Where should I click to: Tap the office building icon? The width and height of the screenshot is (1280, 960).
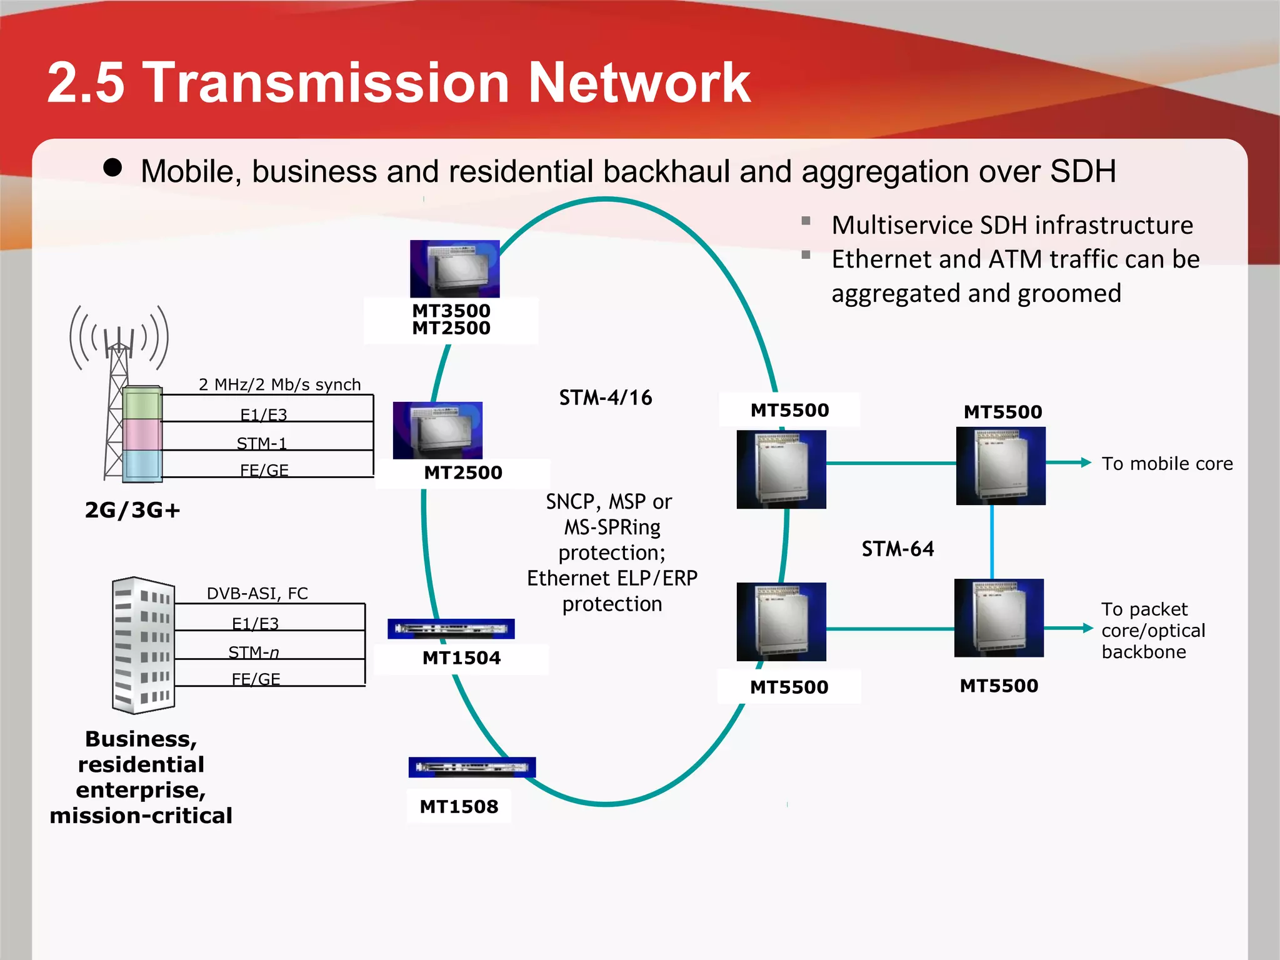tap(143, 645)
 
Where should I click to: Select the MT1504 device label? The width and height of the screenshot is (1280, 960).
tap(461, 658)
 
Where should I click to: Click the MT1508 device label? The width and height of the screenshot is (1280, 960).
tap(459, 807)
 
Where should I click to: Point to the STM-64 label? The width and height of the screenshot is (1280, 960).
tap(897, 549)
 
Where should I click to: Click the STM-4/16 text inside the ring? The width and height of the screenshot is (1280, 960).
tap(605, 397)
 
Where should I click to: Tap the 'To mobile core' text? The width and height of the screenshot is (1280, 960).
tap(1167, 464)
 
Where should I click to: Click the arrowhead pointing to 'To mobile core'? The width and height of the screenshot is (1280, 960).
tap(1086, 462)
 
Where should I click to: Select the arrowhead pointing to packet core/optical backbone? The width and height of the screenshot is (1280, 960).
tap(1087, 628)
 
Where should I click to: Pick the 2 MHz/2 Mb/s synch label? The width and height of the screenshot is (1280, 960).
tap(279, 384)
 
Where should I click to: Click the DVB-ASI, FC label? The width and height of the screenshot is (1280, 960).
tap(257, 593)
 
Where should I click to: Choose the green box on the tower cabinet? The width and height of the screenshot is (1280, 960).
tap(142, 403)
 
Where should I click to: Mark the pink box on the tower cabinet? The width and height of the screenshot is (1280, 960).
tap(142, 434)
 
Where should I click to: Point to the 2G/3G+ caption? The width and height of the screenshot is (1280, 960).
tap(132, 510)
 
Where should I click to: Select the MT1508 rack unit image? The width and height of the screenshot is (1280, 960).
tap(472, 767)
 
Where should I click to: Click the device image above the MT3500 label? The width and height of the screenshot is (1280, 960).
tap(454, 269)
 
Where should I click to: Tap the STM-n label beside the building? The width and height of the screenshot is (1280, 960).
tap(254, 652)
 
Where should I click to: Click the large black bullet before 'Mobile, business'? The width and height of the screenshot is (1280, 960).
tap(112, 167)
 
